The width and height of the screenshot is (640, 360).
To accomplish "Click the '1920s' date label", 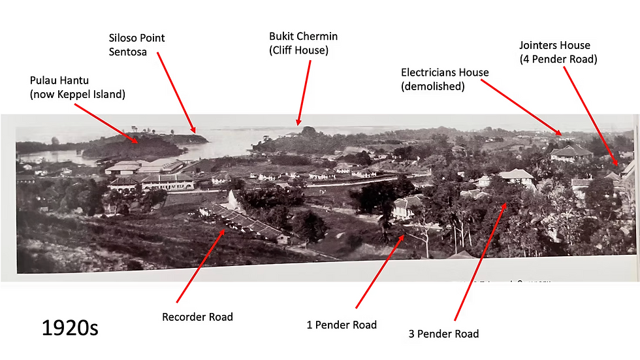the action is click(x=70, y=328).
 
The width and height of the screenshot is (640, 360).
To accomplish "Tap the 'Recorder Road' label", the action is click(x=197, y=317).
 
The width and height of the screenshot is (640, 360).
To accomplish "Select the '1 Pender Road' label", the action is click(x=342, y=325).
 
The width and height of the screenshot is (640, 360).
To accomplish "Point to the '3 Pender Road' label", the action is click(x=443, y=334).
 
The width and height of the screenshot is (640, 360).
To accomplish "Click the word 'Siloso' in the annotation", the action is click(x=123, y=38).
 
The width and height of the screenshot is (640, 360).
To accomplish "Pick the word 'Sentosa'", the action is click(x=128, y=52).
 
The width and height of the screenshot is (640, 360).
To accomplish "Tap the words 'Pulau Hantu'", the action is click(x=59, y=80).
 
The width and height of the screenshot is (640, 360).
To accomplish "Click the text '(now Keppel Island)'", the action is click(x=78, y=94).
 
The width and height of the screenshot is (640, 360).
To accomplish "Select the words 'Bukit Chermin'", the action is click(x=303, y=37).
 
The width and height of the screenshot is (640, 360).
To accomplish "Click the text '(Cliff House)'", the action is click(x=299, y=50).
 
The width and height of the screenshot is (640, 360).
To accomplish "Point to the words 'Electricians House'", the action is click(x=445, y=73).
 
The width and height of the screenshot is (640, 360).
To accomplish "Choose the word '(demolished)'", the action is click(x=432, y=86).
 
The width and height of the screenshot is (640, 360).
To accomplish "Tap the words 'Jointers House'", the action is click(x=554, y=45).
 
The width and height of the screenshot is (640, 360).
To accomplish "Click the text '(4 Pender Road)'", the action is click(x=558, y=59).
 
